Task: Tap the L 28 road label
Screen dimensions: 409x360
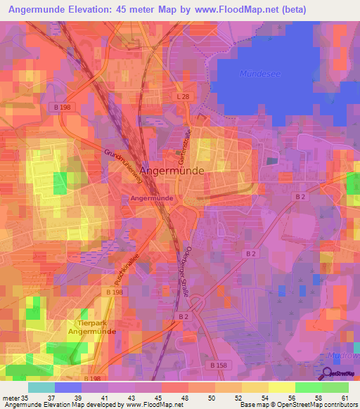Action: [x=184, y=96]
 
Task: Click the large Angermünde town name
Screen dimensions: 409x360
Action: [x=172, y=170]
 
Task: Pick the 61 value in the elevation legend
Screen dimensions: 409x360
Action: [x=345, y=398]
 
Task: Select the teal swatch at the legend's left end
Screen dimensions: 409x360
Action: [x=41, y=387]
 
